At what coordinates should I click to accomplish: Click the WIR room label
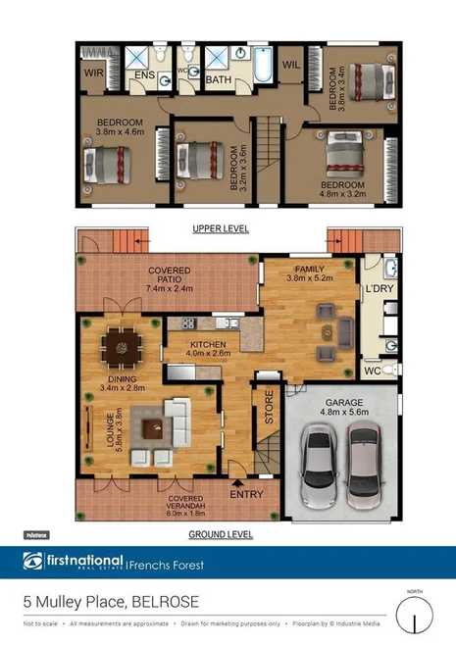point(95,73)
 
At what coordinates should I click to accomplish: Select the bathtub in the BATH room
point(263,68)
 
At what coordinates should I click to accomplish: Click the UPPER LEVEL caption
point(221,228)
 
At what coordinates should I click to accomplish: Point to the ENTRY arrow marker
point(237,482)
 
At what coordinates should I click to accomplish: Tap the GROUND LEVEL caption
point(221,535)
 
